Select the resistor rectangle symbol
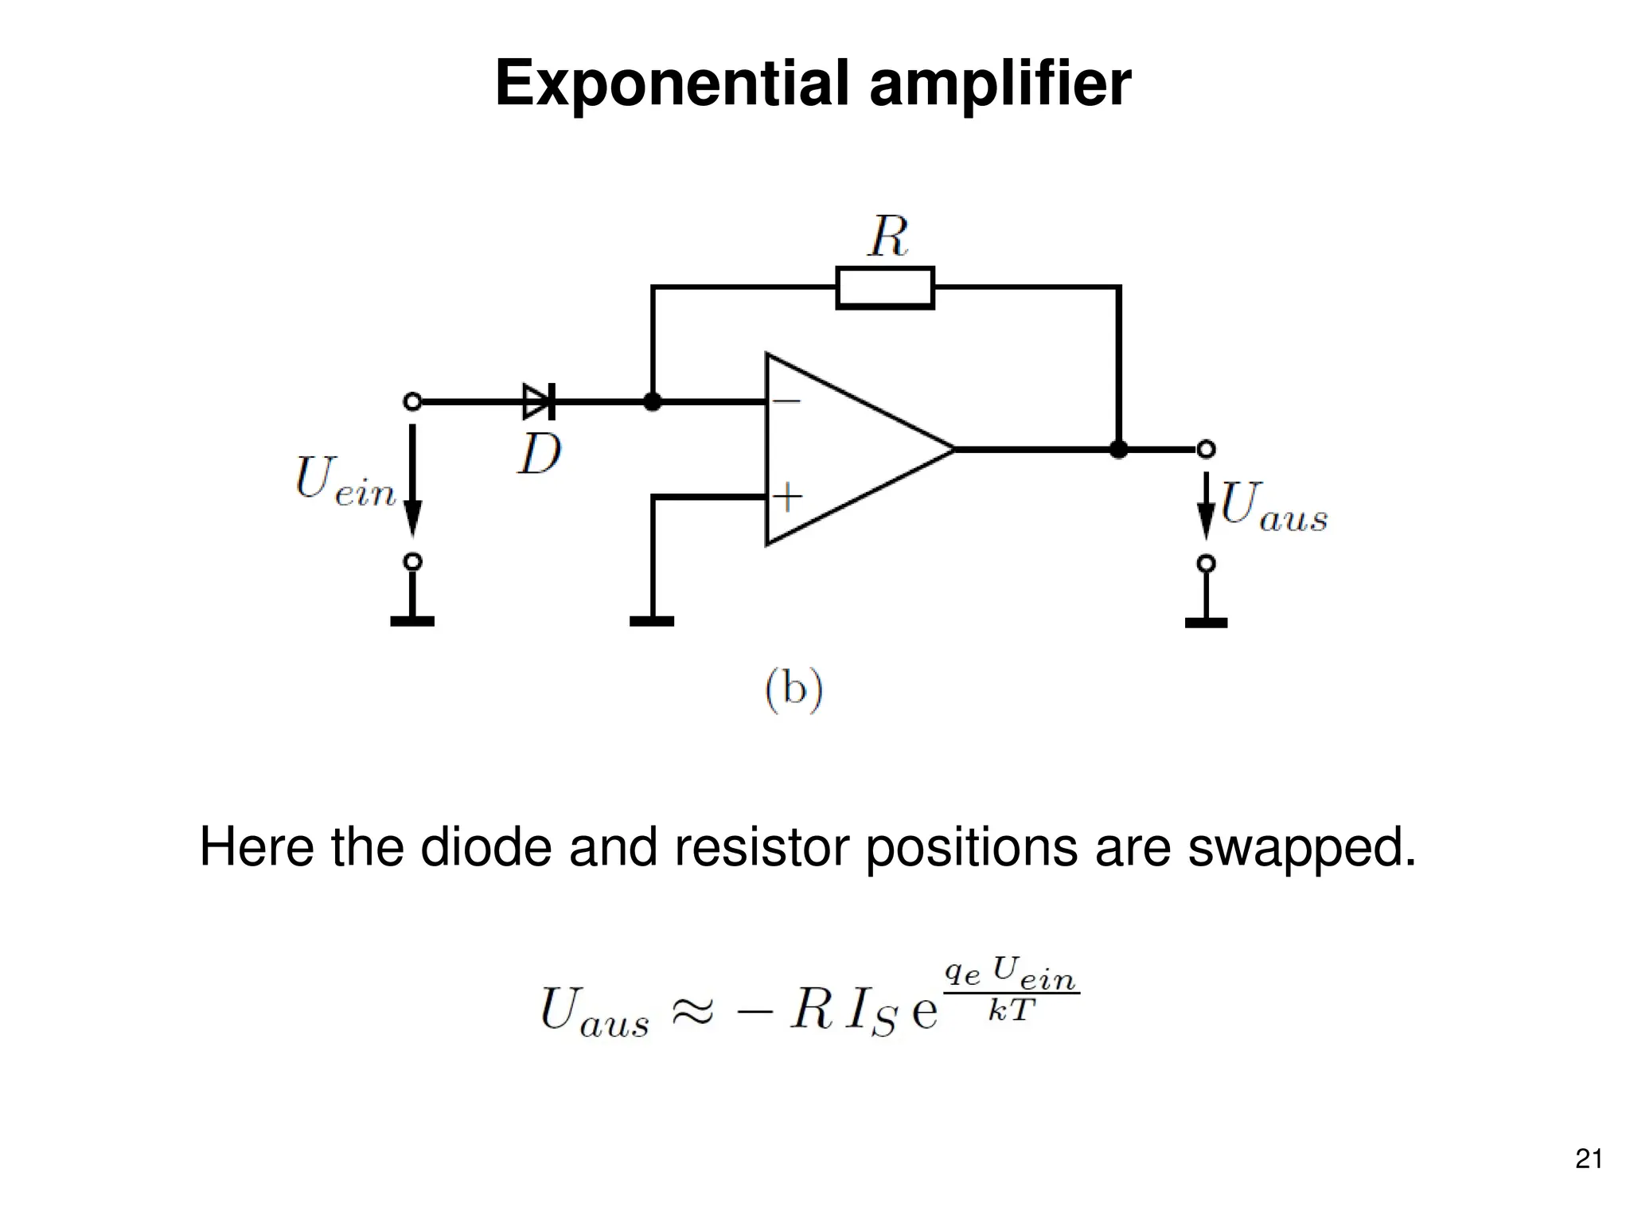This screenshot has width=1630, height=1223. click(884, 287)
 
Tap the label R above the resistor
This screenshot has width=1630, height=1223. click(887, 236)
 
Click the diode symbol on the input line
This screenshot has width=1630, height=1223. click(539, 401)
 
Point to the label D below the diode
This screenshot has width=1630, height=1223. click(539, 455)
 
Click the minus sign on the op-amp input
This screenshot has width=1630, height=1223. click(786, 401)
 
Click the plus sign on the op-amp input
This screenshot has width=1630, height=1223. click(787, 497)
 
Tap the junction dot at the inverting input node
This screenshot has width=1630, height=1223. click(652, 401)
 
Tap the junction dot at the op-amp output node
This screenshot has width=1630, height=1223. click(1118, 450)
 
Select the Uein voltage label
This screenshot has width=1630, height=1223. click(344, 482)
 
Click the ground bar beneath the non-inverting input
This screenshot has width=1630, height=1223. click(651, 621)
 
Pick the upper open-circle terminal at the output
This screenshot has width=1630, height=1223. click(1206, 449)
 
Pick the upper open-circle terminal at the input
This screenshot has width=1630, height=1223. click(412, 401)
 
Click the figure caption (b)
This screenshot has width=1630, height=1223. click(794, 689)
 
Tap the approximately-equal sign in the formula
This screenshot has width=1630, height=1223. click(692, 1011)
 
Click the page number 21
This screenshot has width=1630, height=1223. click(1588, 1159)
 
